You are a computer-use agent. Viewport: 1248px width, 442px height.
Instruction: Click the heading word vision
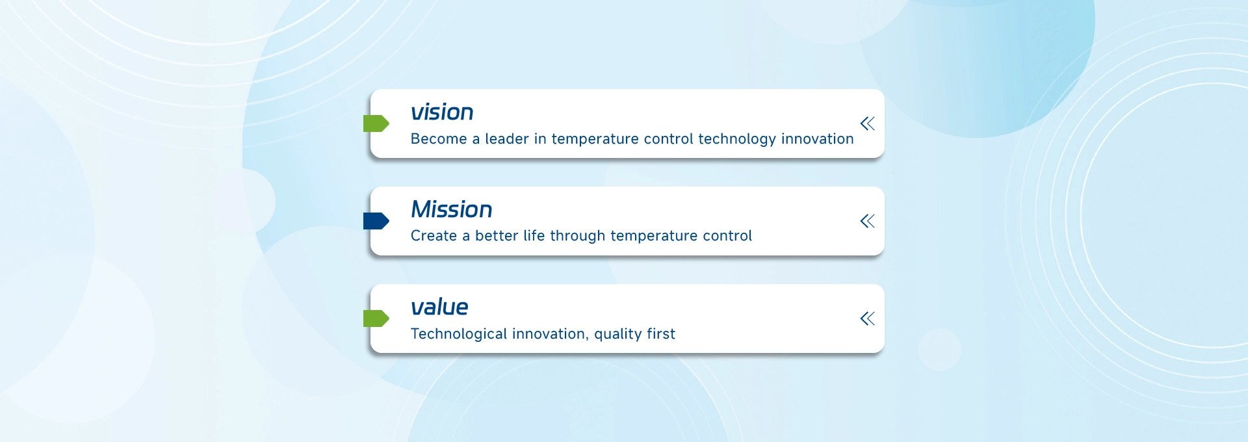click(442, 112)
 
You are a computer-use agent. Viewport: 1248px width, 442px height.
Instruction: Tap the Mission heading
click(452, 209)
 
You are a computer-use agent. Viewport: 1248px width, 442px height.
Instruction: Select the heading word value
click(439, 307)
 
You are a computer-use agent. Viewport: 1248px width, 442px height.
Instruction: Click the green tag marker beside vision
click(376, 123)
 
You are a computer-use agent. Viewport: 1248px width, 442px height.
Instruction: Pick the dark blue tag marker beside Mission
click(376, 221)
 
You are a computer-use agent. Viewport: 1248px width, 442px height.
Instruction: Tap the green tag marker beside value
click(376, 318)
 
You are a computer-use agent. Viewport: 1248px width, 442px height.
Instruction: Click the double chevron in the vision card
click(868, 123)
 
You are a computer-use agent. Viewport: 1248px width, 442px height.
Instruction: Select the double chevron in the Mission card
click(868, 221)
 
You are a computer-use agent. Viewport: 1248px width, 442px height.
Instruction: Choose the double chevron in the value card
click(868, 318)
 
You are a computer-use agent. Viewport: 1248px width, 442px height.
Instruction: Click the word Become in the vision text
click(439, 139)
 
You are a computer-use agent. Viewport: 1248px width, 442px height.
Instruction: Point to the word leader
click(507, 139)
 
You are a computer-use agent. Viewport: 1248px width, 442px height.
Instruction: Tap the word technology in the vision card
click(737, 140)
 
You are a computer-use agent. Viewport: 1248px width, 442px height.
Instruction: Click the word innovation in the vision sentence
click(818, 139)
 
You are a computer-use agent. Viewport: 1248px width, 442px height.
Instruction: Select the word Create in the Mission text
click(434, 236)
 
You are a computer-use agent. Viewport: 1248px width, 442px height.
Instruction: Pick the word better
click(497, 236)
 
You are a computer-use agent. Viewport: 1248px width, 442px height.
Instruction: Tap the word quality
click(618, 335)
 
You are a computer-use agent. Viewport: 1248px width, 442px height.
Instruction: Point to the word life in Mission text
click(534, 236)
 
